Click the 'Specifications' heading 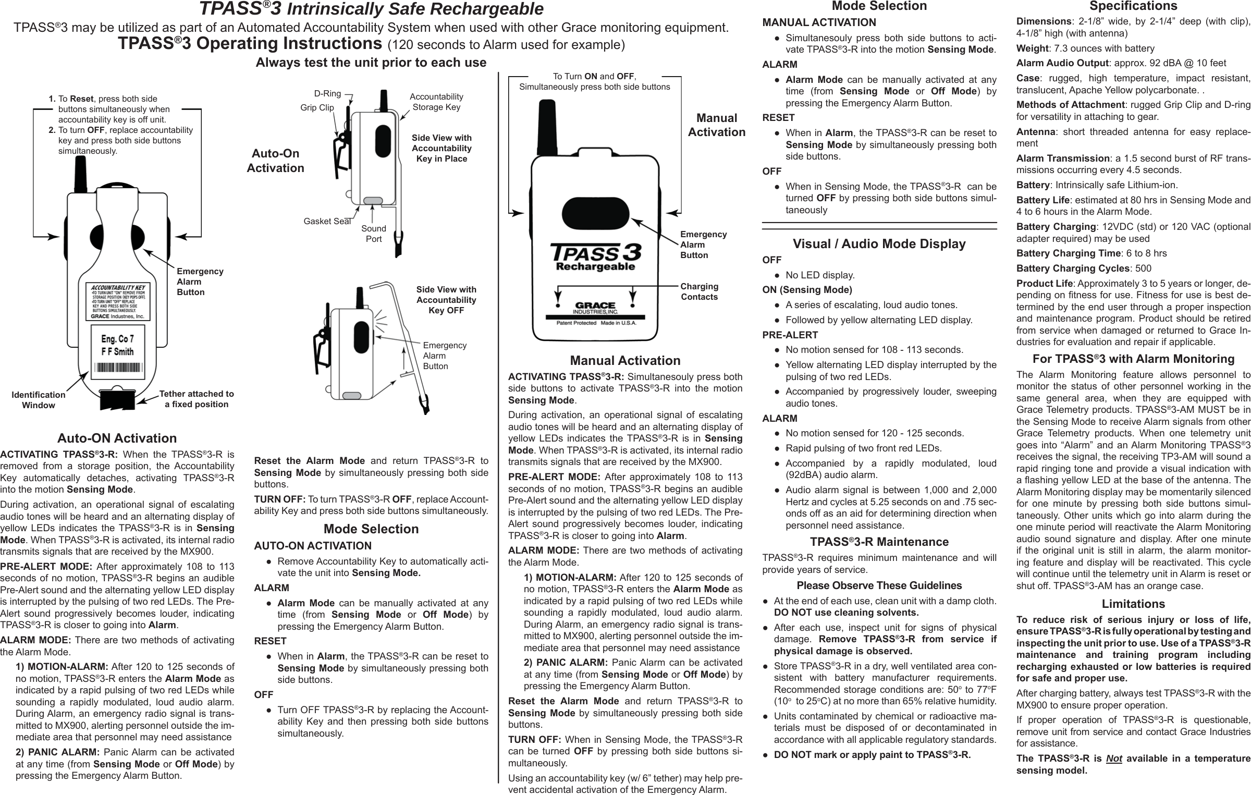(x=1133, y=6)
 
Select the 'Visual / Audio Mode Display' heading (x=879, y=243)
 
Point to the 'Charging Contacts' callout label (x=699, y=291)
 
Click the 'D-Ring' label (x=327, y=94)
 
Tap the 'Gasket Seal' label (x=327, y=221)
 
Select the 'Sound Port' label (x=373, y=234)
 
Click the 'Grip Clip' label (x=317, y=107)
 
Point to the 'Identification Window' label (x=38, y=400)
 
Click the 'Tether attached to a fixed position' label (x=196, y=399)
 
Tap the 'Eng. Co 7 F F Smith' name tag (x=117, y=347)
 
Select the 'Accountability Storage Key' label (x=436, y=102)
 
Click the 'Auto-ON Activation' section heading (x=117, y=438)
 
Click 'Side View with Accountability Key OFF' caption (x=446, y=300)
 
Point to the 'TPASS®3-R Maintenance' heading (x=879, y=542)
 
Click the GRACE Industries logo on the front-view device (x=595, y=308)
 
